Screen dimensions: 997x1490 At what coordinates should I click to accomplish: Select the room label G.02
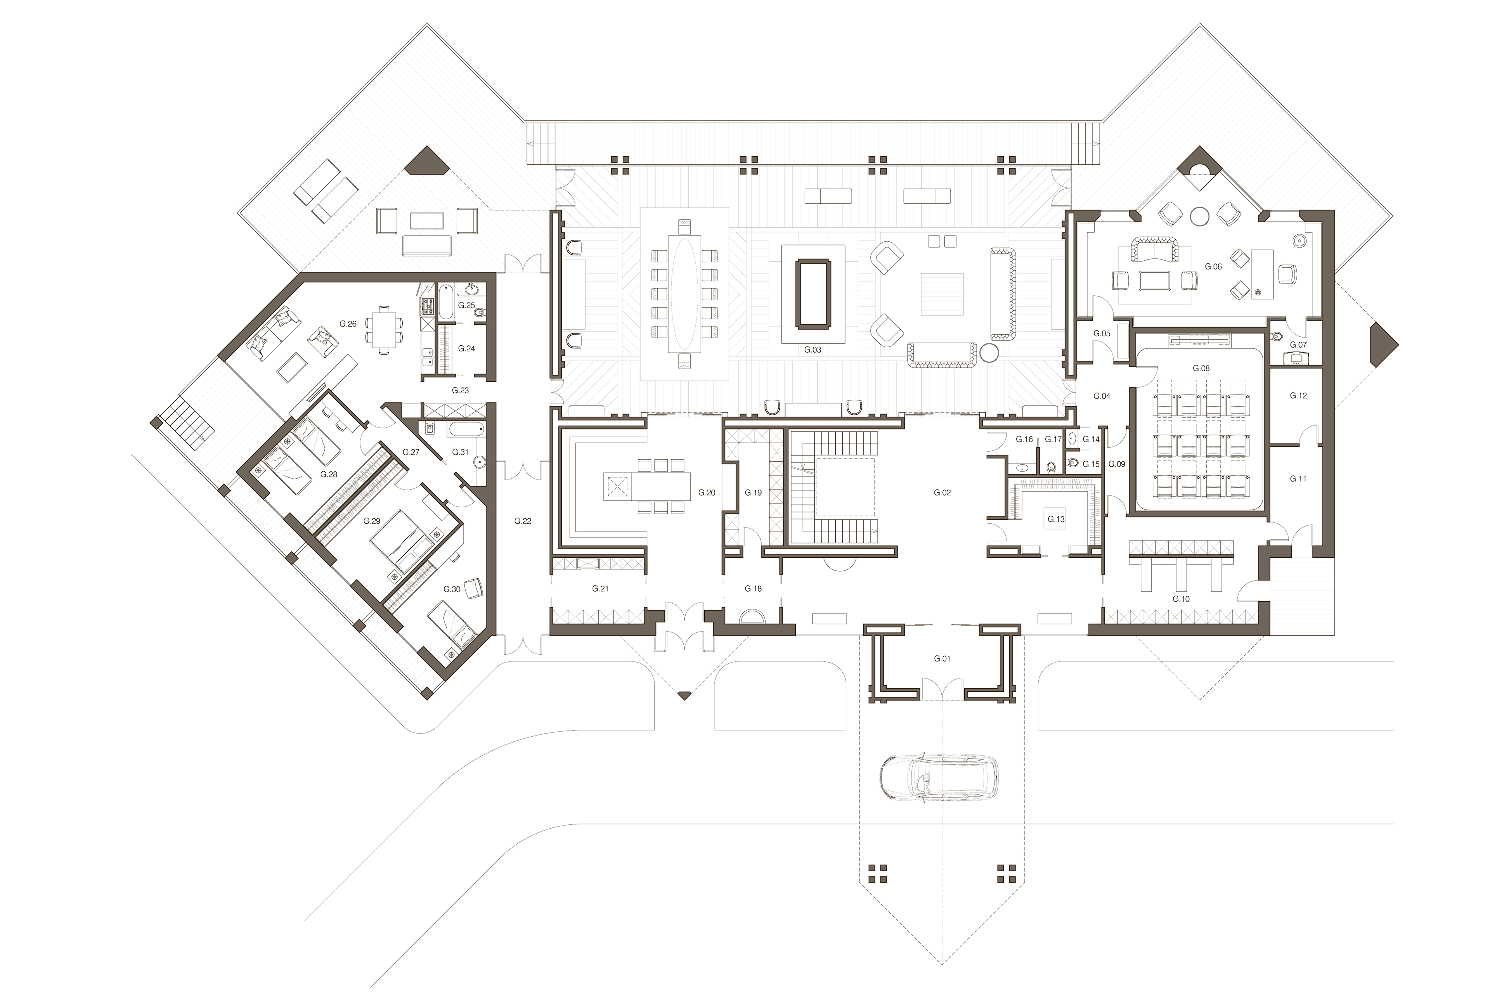pos(941,492)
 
